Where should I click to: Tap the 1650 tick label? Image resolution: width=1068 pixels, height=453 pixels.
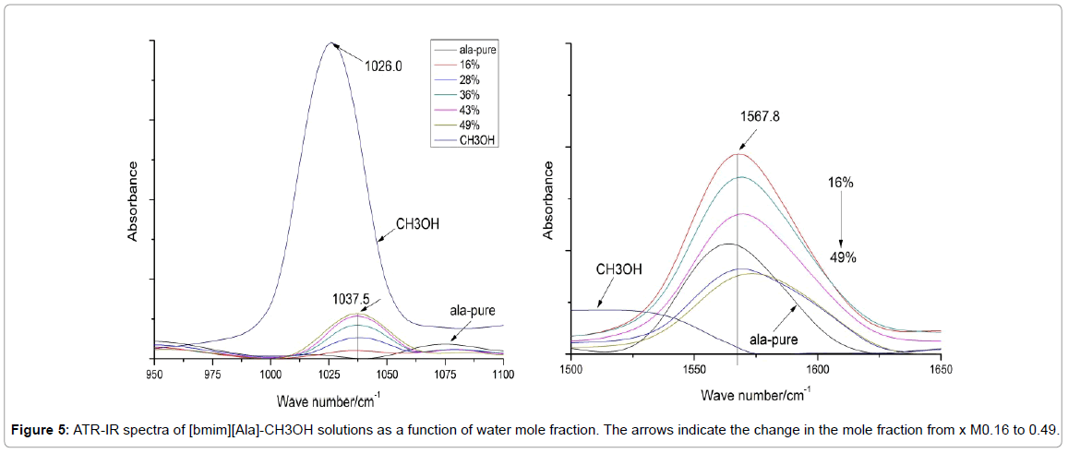[941, 369]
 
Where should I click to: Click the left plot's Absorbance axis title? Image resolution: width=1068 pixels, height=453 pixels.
[133, 201]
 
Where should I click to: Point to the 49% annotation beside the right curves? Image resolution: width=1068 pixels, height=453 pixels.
[842, 258]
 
